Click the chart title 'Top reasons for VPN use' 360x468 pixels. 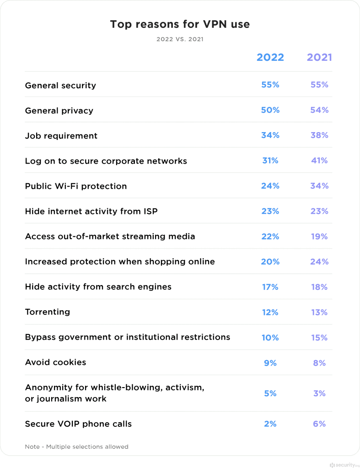click(x=180, y=24)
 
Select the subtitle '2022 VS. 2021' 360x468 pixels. click(x=180, y=39)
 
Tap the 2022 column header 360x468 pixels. click(x=270, y=58)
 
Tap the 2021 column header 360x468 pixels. click(x=319, y=58)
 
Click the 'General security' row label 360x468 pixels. click(x=60, y=85)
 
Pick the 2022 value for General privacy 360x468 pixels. click(x=270, y=110)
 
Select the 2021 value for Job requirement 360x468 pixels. click(x=319, y=135)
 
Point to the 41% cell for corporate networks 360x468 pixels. click(x=319, y=160)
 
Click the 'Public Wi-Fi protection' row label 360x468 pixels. click(x=76, y=186)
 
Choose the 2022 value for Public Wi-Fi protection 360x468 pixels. click(x=270, y=186)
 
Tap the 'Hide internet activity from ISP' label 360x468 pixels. click(x=91, y=211)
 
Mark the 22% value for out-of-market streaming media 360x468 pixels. click(x=270, y=236)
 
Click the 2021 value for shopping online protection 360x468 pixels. click(x=319, y=261)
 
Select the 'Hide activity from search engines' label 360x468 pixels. click(x=98, y=287)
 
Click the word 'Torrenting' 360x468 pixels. click(x=48, y=312)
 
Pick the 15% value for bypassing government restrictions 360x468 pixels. click(x=319, y=337)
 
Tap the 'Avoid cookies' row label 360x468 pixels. click(x=55, y=362)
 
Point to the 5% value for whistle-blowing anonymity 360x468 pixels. click(x=270, y=393)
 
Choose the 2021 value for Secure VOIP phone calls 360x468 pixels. click(x=319, y=424)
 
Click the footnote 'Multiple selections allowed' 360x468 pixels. click(x=87, y=447)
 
